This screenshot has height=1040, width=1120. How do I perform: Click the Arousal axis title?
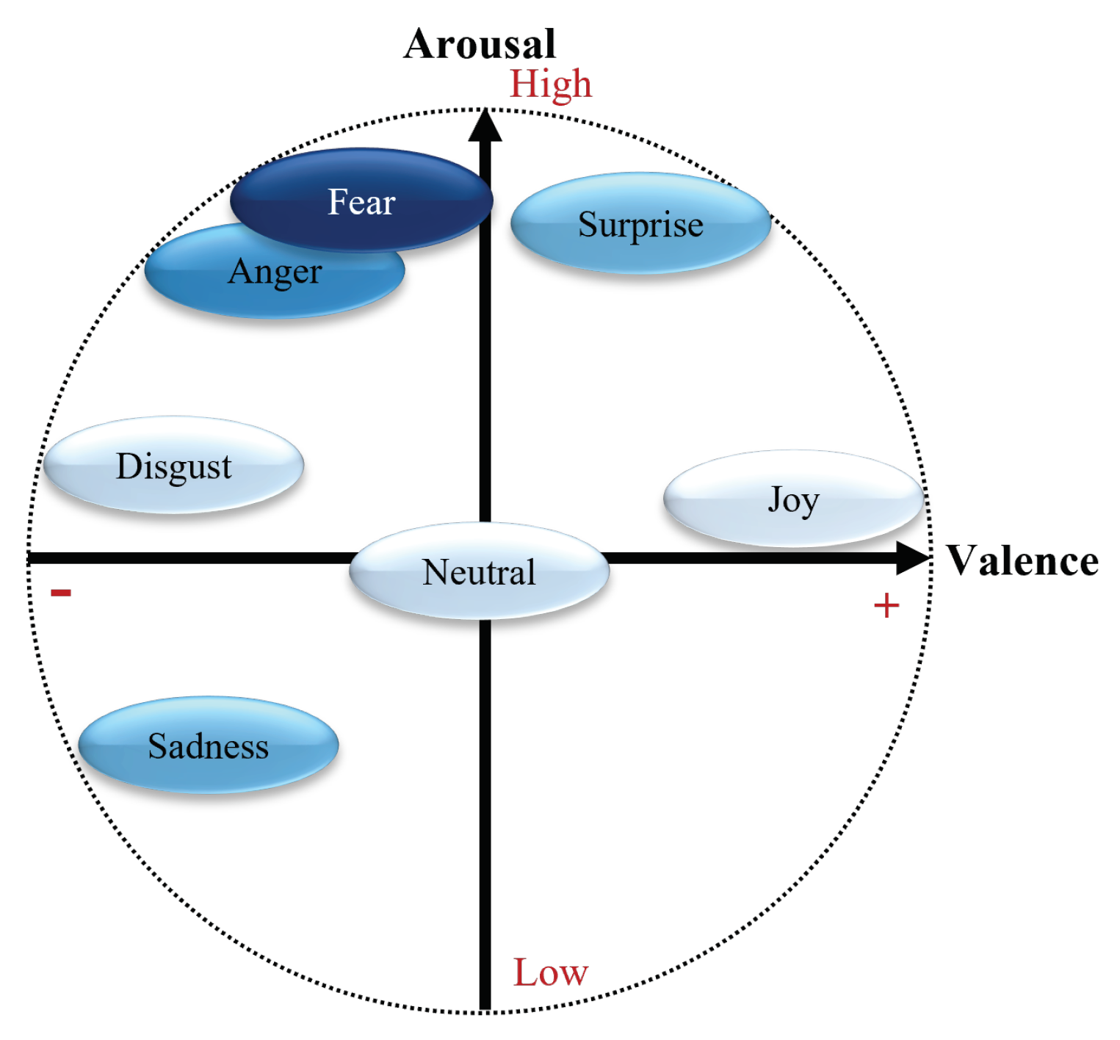pos(480,44)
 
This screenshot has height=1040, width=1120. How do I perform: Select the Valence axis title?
pos(1022,561)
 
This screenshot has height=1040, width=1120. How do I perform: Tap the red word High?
pos(551,84)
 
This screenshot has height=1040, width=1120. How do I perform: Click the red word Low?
pos(550,972)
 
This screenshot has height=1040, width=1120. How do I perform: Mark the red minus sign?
pos(61,593)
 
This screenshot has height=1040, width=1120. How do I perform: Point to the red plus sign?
pos(886,606)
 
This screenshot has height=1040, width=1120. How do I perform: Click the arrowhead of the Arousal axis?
pos(485,126)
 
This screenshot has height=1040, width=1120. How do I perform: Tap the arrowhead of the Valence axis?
pos(912,558)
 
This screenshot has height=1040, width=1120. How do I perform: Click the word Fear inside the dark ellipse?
pos(361,202)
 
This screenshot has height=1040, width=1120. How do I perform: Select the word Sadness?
pos(209,746)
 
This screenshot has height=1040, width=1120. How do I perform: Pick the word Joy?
pos(793,501)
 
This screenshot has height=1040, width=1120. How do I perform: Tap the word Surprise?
pos(640,225)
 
